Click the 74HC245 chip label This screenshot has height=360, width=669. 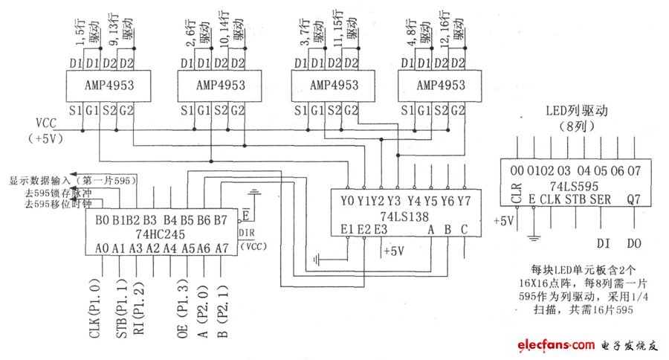click(x=161, y=233)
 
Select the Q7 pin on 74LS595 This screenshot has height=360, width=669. click(x=633, y=199)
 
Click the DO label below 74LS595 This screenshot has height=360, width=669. click(x=633, y=242)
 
